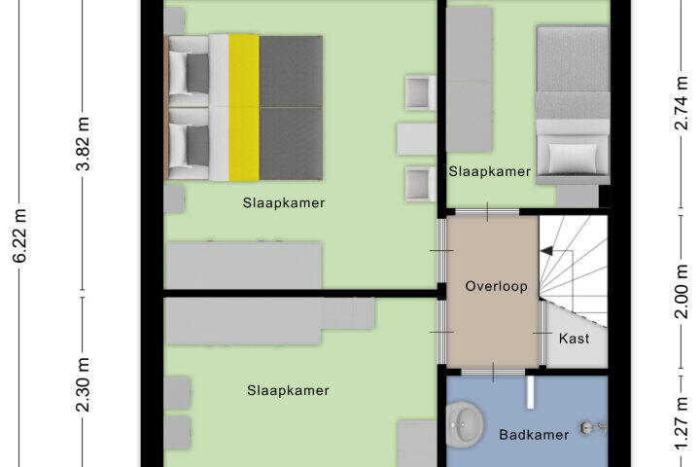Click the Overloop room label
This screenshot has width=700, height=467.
[496, 286]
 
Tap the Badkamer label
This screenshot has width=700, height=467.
[534, 435]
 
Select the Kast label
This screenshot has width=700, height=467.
[575, 339]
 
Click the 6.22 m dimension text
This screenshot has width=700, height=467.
[21, 235]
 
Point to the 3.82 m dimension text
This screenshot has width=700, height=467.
[84, 144]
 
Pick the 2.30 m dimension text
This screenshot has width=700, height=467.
[84, 384]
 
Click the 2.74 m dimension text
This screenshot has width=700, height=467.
[682, 103]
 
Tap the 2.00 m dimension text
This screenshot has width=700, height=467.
[682, 291]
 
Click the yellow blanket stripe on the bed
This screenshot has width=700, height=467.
[244, 108]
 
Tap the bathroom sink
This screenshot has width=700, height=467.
[465, 423]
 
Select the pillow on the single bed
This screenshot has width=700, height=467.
[573, 158]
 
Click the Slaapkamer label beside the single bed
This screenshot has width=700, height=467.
[490, 171]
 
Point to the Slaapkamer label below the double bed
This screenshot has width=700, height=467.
[284, 203]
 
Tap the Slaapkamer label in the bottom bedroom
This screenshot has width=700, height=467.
[289, 390]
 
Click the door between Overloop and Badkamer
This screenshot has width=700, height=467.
[493, 373]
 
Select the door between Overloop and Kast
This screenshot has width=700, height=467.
[542, 333]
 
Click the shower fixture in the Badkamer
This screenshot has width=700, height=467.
[593, 428]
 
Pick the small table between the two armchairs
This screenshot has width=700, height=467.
[416, 139]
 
